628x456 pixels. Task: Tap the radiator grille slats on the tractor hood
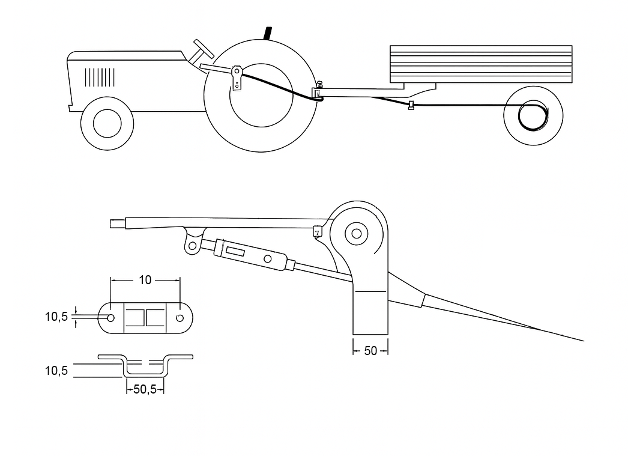click(x=100, y=77)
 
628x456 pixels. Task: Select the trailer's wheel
click(x=533, y=116)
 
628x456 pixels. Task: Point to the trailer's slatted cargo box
click(x=480, y=64)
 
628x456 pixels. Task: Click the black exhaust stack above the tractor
click(x=268, y=32)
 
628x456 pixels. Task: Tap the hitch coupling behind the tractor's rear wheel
click(x=318, y=92)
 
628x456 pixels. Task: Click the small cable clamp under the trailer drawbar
click(x=411, y=106)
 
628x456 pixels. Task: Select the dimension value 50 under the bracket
click(x=370, y=350)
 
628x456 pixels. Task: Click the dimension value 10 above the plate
click(x=145, y=279)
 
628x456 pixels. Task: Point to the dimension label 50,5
click(x=145, y=389)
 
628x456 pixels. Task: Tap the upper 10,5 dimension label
click(x=56, y=317)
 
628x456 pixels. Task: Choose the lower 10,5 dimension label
click(x=56, y=370)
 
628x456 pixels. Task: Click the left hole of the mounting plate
click(x=110, y=317)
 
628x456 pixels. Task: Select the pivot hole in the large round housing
click(x=357, y=233)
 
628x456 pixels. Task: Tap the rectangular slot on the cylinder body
click(x=234, y=251)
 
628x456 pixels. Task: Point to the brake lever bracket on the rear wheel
click(x=238, y=78)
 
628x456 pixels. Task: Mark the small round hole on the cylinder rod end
click(x=268, y=259)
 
